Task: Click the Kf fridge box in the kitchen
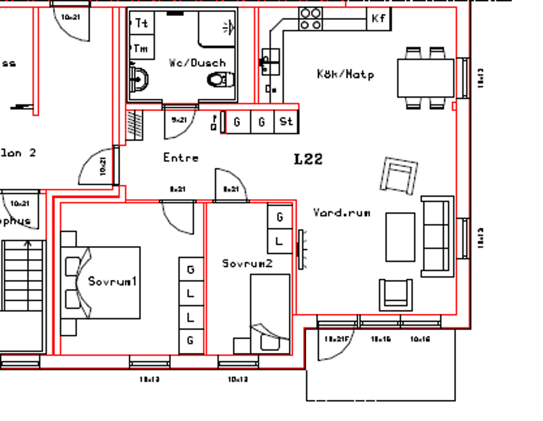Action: coord(379,18)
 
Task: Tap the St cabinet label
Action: coord(286,121)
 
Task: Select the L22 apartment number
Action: coord(308,159)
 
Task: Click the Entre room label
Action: coord(181,157)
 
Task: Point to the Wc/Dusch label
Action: coord(197,62)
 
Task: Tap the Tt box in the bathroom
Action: coord(141,23)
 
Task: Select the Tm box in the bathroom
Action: coord(141,48)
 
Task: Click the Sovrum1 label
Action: coord(113,281)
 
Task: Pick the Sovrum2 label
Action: coord(247,263)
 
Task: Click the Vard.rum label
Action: coord(341,213)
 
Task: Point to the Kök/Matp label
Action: coord(346,74)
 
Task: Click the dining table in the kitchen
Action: coord(426,78)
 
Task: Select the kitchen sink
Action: coord(270,61)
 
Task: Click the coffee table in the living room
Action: coord(400,236)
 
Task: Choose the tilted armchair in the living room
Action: coord(399,175)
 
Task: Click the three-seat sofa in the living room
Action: coord(437,236)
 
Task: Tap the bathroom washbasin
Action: coord(139,79)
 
